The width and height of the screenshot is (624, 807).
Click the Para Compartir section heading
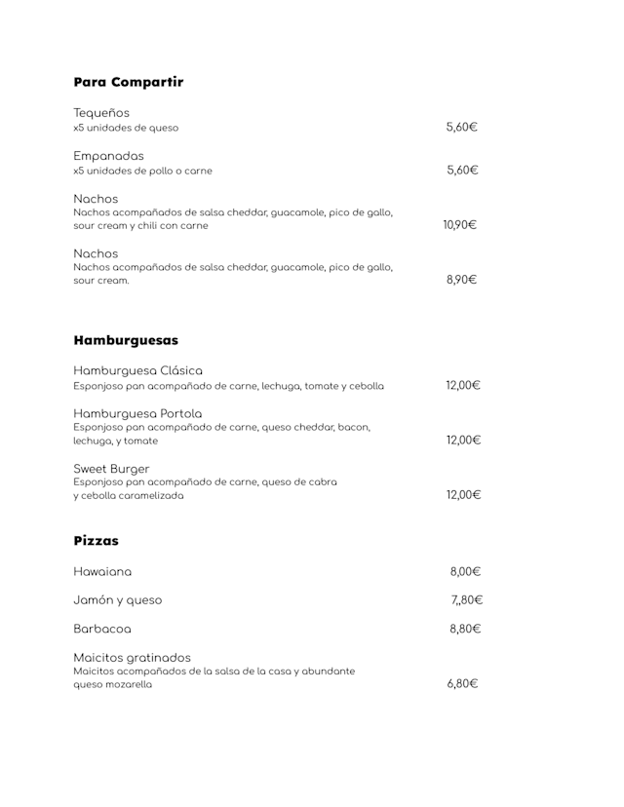tap(128, 82)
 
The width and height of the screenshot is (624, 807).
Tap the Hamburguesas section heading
tap(126, 340)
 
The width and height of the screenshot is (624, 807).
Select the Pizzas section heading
tap(96, 540)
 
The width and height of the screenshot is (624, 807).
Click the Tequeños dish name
tap(101, 112)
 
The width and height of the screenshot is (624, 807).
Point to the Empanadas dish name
tap(108, 156)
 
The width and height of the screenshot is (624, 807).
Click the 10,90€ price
tap(459, 225)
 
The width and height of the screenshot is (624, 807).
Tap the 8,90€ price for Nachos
tap(461, 280)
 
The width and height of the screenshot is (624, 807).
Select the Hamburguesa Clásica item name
tap(138, 370)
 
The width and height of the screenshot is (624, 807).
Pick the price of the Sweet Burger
tap(463, 494)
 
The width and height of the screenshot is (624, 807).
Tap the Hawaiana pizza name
tap(102, 572)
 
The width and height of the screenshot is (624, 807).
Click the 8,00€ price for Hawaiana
tap(465, 572)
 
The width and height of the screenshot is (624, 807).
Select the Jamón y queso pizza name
tap(118, 600)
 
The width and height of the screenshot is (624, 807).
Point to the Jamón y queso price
tap(466, 600)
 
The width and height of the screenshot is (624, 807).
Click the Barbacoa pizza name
tap(102, 629)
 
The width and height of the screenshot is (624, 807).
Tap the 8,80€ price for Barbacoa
tap(465, 629)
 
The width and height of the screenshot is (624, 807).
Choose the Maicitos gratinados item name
tap(133, 657)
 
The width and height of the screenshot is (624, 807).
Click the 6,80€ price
tap(462, 684)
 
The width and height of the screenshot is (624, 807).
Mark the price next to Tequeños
tap(461, 127)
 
